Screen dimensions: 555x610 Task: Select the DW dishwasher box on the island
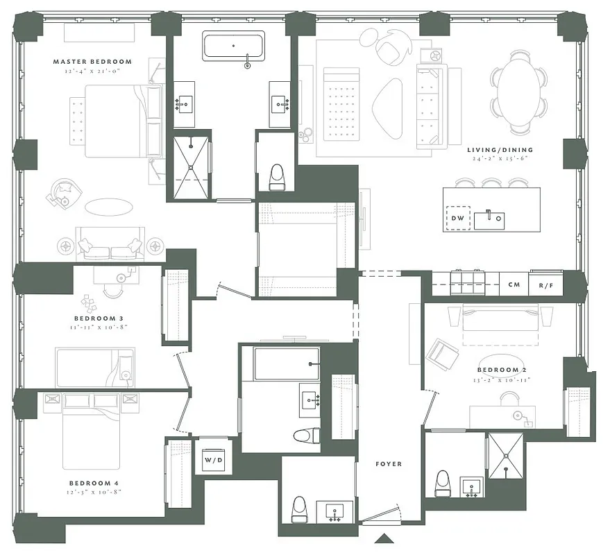tap(457, 219)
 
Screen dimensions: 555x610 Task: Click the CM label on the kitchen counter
tap(514, 284)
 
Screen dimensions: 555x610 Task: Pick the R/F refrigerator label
tap(545, 284)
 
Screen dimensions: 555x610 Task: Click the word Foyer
tap(388, 463)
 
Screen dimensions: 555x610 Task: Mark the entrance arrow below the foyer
tap(383, 539)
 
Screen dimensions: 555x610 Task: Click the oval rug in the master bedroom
tap(108, 207)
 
